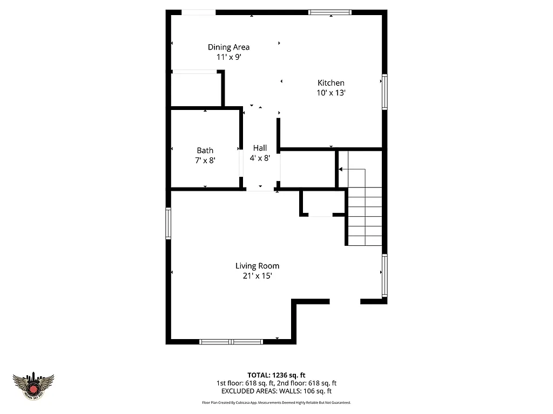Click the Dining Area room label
(228, 47)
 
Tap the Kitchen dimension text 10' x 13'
(331, 93)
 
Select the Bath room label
(205, 150)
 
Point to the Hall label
(260, 148)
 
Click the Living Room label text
(257, 266)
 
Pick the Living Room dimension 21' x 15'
(257, 275)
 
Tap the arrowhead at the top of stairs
(341, 170)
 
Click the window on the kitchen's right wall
(385, 91)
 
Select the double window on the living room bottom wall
(231, 341)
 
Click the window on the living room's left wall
(168, 223)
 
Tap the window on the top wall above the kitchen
(330, 12)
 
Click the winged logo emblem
(33, 386)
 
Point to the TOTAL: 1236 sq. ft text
(276, 375)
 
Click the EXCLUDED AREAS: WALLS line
(276, 391)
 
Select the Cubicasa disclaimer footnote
(276, 403)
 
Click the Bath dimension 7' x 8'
(205, 160)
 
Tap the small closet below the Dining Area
(195, 89)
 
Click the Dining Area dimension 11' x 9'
(228, 57)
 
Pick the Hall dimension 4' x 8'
(260, 158)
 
